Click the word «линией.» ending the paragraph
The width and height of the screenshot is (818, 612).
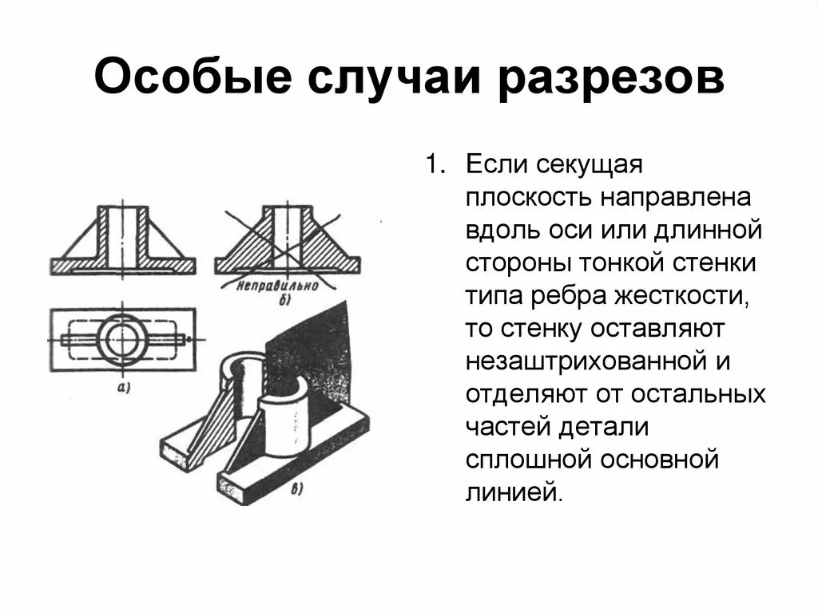click(x=514, y=492)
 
